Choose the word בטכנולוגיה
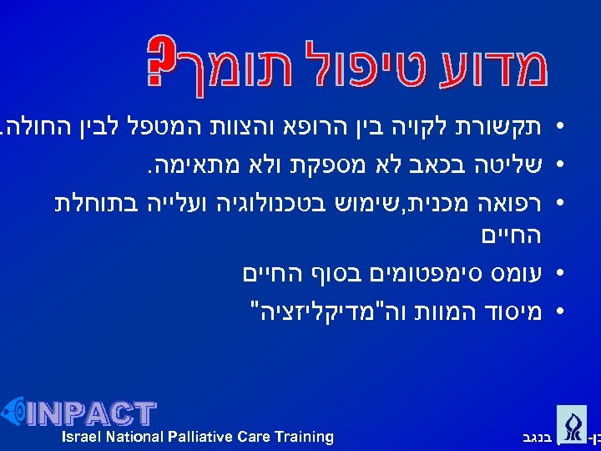point(262,201)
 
